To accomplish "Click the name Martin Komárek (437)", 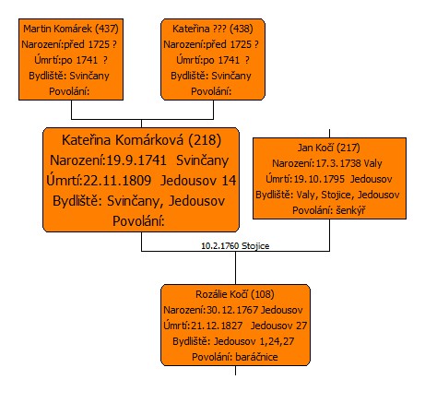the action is tap(71, 29).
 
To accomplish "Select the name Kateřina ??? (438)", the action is tap(213, 29).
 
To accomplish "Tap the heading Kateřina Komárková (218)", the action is tap(141, 140).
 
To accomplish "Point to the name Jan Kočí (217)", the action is tap(329, 148).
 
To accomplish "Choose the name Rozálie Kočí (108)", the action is tap(235, 294).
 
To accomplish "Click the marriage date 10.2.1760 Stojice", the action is tap(235, 246).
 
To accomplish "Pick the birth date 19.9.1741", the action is tap(136, 160).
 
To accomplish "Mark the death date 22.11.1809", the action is tap(117, 181).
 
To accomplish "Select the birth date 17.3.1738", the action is tap(338, 163).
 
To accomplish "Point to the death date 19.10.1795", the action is tap(319, 179).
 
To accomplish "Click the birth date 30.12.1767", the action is tap(232, 310).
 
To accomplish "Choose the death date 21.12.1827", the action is tap(217, 326).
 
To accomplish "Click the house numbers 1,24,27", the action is tap(277, 341).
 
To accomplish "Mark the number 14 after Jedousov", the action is tap(229, 181).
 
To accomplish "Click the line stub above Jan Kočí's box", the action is tap(329, 134).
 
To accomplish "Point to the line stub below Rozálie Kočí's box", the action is tap(235, 371).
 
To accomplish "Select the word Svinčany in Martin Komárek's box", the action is tap(89, 76).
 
